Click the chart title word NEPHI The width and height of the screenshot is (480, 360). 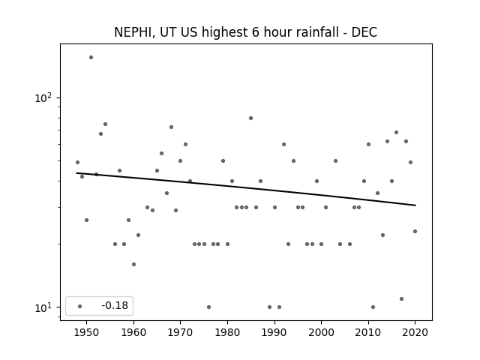pos(133,32)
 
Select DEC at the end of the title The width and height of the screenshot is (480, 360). pos(364,32)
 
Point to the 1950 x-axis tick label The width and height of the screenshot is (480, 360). pos(87,332)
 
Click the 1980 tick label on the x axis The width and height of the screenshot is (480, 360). pos(227,332)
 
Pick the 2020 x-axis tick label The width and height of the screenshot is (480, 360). pos(415,332)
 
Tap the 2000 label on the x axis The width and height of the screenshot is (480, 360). pos(322,332)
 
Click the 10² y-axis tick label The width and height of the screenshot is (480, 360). pos(43,97)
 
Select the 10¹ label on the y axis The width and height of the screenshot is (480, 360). pos(43,307)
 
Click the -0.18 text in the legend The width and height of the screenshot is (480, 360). pos(115,305)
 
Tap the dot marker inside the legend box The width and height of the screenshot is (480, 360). pos(80,306)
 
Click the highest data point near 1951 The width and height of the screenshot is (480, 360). pos(91,57)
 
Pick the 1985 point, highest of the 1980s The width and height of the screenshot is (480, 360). pos(250,118)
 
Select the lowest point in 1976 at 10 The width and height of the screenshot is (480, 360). pos(208,307)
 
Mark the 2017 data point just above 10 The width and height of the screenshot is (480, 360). pos(402,298)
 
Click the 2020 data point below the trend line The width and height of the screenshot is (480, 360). pos(415,232)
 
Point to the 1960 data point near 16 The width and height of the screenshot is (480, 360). pos(133,264)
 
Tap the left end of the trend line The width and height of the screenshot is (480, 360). pos(76,173)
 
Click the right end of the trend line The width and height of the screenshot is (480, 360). pos(415,205)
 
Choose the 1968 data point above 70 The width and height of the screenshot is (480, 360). pos(172,127)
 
